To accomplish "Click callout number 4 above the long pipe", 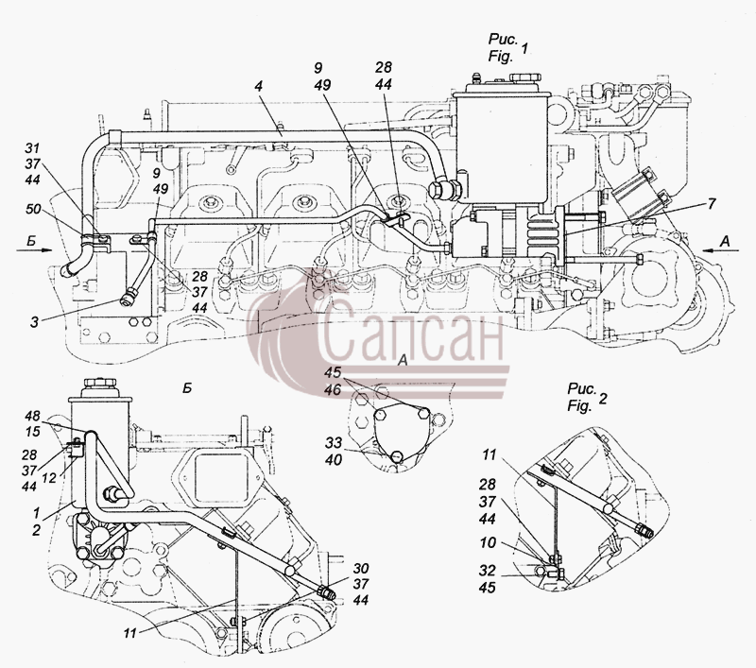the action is [x=259, y=87].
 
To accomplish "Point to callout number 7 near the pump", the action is [x=713, y=204].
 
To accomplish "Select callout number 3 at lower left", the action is [x=34, y=322].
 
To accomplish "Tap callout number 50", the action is [x=34, y=209].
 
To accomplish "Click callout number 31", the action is [x=32, y=148].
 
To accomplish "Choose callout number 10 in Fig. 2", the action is [x=488, y=542].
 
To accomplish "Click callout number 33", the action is [x=333, y=442].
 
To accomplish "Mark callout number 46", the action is [x=333, y=389].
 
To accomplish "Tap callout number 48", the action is [x=33, y=416].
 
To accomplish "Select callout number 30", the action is [x=360, y=568].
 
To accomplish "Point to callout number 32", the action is [x=488, y=571].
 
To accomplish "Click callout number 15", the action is [x=33, y=432].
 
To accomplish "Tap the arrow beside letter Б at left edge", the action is [x=34, y=249].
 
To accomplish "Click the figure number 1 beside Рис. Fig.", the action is [x=524, y=48].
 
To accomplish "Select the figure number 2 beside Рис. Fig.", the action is [x=603, y=399].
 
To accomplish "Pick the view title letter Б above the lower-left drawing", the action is [x=187, y=388].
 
